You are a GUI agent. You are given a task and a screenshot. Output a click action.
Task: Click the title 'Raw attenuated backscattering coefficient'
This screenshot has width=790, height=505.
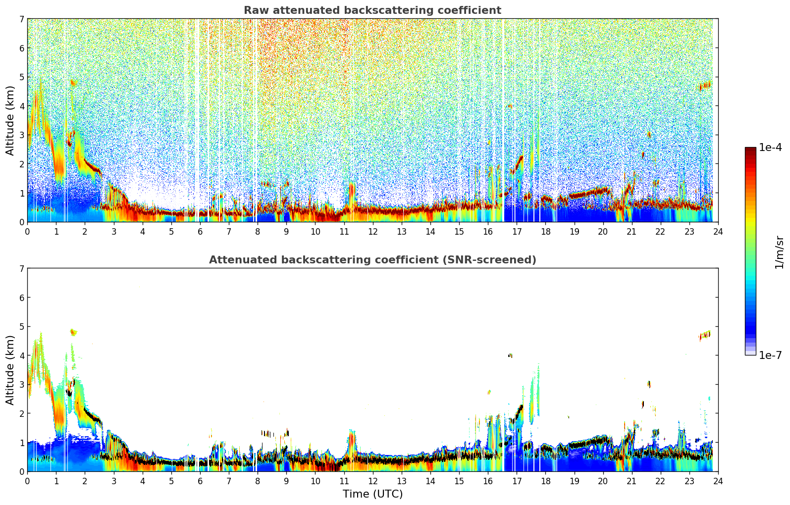click(x=372, y=10)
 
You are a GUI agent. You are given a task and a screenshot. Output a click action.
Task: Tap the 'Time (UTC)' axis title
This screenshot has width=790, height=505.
click(x=372, y=494)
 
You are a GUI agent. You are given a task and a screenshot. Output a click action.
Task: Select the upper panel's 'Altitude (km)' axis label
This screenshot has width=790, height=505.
click(x=10, y=120)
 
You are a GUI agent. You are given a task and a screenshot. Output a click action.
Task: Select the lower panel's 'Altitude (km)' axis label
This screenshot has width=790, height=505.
click(x=10, y=370)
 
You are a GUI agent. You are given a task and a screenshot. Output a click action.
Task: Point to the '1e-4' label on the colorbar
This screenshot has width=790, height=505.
click(x=770, y=148)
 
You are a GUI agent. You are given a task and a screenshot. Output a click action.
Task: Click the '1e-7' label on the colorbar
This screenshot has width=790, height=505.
click(x=770, y=355)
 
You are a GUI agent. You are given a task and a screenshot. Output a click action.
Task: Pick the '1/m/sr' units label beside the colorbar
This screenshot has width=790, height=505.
click(x=779, y=252)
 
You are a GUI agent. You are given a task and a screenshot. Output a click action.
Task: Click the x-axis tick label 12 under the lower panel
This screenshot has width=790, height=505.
click(x=372, y=481)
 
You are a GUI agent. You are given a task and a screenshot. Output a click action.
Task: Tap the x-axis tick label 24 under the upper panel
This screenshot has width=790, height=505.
click(x=718, y=232)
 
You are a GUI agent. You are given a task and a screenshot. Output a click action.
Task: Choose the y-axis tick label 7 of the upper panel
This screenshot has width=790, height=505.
click(x=22, y=19)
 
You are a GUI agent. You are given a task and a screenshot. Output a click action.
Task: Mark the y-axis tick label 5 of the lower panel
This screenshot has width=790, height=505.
click(x=22, y=327)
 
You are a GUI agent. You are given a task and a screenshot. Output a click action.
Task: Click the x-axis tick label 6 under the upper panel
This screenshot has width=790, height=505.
click(x=200, y=232)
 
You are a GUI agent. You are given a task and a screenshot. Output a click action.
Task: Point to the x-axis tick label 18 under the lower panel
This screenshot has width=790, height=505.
click(x=545, y=481)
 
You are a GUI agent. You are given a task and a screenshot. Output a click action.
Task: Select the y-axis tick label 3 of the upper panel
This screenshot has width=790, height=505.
click(x=22, y=135)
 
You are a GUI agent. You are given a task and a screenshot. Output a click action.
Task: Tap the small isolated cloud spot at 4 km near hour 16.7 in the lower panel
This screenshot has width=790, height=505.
click(x=510, y=355)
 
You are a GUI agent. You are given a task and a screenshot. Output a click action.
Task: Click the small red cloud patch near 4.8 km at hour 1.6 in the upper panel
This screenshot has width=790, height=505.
click(x=73, y=83)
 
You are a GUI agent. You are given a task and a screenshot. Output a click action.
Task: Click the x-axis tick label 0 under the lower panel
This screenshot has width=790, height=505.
click(x=27, y=481)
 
